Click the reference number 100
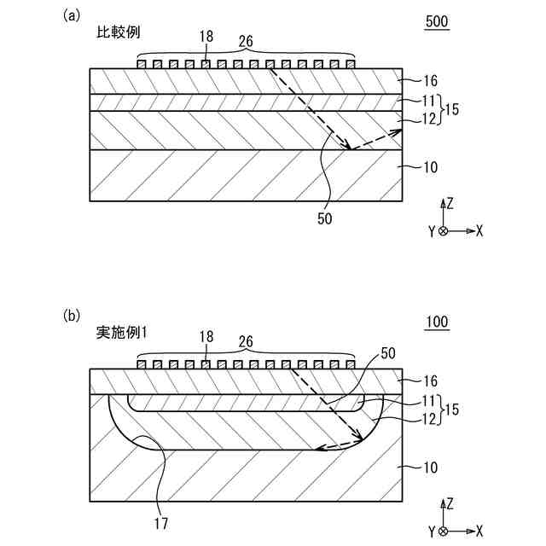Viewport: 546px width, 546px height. (437, 322)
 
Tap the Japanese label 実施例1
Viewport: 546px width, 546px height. (123, 333)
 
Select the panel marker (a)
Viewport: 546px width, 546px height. (72, 15)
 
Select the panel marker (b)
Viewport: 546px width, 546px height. (72, 315)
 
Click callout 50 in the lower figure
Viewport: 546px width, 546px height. (388, 351)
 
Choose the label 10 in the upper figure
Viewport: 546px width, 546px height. (430, 166)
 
